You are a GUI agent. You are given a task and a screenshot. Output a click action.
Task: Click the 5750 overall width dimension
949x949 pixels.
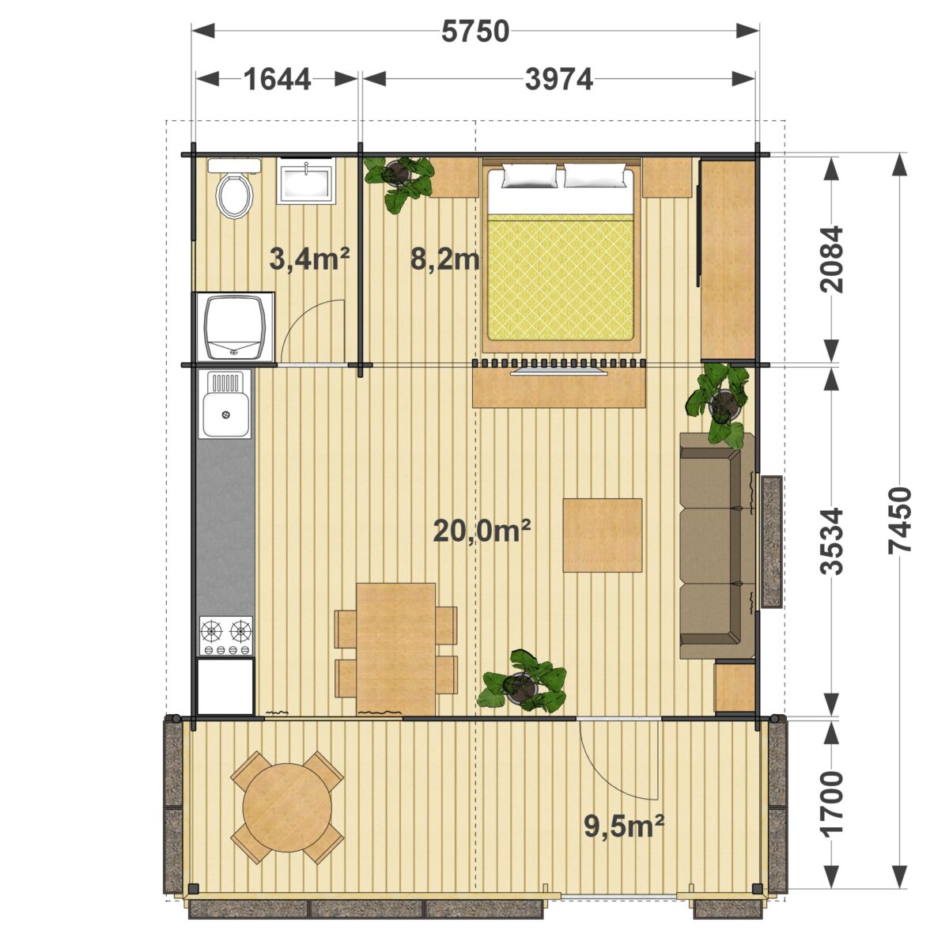pos(475,32)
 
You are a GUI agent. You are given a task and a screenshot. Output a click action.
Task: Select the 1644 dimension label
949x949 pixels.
pos(278,79)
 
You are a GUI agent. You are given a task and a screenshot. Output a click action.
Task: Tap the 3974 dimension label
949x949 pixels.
pos(559,79)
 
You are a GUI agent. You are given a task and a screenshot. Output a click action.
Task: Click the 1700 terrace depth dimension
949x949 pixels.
pos(832,804)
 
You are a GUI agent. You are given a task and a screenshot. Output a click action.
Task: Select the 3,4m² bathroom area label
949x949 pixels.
pos(310,259)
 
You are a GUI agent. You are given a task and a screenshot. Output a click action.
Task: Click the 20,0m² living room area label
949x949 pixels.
pos(482,531)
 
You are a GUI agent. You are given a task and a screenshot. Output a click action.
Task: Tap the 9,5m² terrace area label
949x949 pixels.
pos(624,826)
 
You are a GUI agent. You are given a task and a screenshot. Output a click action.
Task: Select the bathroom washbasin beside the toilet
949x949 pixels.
pos(306,180)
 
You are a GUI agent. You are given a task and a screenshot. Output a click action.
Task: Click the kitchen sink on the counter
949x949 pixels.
pos(225,404)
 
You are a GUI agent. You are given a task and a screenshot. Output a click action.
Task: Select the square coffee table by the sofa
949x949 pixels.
pos(603,535)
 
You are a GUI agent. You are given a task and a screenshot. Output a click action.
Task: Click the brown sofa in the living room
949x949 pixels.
pos(717,546)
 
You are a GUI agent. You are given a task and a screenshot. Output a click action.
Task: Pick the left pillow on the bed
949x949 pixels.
pos(529,176)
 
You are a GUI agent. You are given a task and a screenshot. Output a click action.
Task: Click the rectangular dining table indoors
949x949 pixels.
pos(396,649)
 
